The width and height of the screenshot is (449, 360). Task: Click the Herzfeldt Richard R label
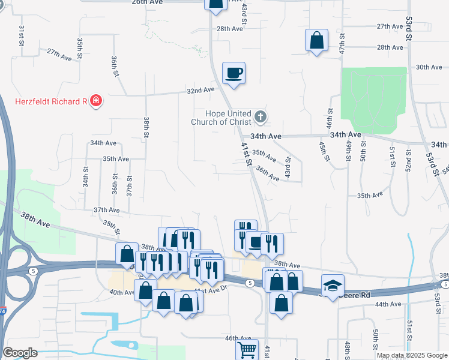click(51, 101)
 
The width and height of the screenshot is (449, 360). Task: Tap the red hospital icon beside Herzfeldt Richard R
click(95, 101)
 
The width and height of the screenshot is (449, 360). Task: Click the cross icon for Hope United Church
click(260, 116)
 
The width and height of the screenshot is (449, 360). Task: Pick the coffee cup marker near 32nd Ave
click(234, 73)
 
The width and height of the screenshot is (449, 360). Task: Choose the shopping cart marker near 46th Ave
click(247, 349)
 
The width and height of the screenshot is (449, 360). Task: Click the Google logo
click(20, 353)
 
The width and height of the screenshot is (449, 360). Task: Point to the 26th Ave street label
click(148, 2)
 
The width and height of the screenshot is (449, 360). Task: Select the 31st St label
click(21, 36)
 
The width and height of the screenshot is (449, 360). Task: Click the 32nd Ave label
click(200, 90)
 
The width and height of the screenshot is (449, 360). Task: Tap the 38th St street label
click(146, 128)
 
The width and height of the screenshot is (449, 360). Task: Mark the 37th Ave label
click(107, 210)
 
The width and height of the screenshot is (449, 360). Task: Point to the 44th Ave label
click(387, 304)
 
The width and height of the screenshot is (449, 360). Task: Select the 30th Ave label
click(429, 67)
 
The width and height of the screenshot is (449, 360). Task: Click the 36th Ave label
click(268, 174)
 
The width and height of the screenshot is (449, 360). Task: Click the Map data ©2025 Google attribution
click(412, 355)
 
